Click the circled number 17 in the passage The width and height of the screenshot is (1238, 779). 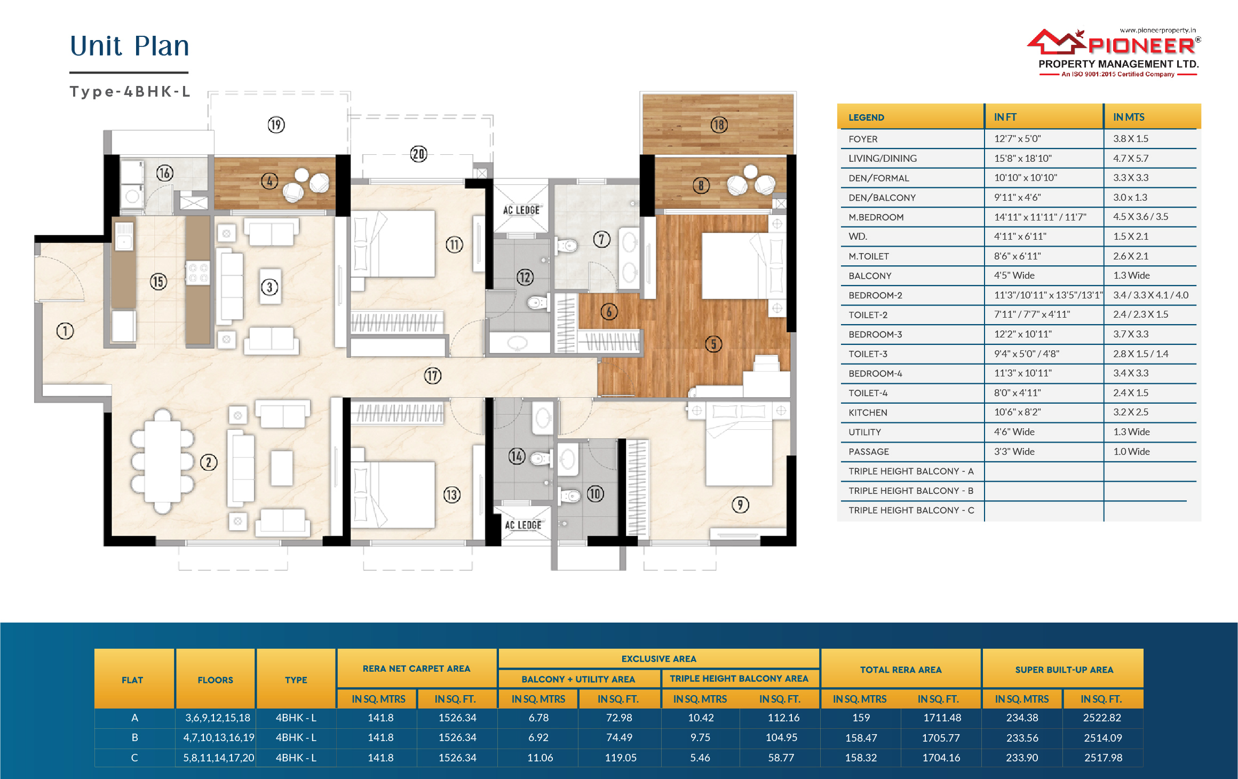point(433,376)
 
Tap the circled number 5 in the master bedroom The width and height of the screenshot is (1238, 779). point(713,344)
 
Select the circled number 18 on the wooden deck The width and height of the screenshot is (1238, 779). point(719,125)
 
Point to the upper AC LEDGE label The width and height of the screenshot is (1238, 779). point(521,210)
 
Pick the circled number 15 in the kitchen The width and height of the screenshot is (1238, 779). point(158,281)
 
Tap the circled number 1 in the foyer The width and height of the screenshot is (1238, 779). point(65,331)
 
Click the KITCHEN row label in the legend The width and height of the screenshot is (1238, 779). point(868,413)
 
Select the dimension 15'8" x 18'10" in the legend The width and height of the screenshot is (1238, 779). point(1023,158)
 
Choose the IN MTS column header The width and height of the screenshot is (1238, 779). point(1129,117)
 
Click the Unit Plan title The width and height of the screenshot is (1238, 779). point(130,46)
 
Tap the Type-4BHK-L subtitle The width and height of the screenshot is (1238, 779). point(130,92)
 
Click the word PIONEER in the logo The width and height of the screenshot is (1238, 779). point(1141,46)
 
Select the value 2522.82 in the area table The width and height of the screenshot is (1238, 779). point(1102,718)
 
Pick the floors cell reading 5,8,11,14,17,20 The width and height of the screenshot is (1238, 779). point(219,758)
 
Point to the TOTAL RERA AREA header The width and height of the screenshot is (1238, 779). point(901,670)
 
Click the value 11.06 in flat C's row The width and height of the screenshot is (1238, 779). point(540,758)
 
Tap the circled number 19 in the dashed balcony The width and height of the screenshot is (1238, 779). point(276,125)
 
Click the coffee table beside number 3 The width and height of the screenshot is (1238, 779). point(271,287)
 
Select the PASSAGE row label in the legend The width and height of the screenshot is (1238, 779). point(869,452)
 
